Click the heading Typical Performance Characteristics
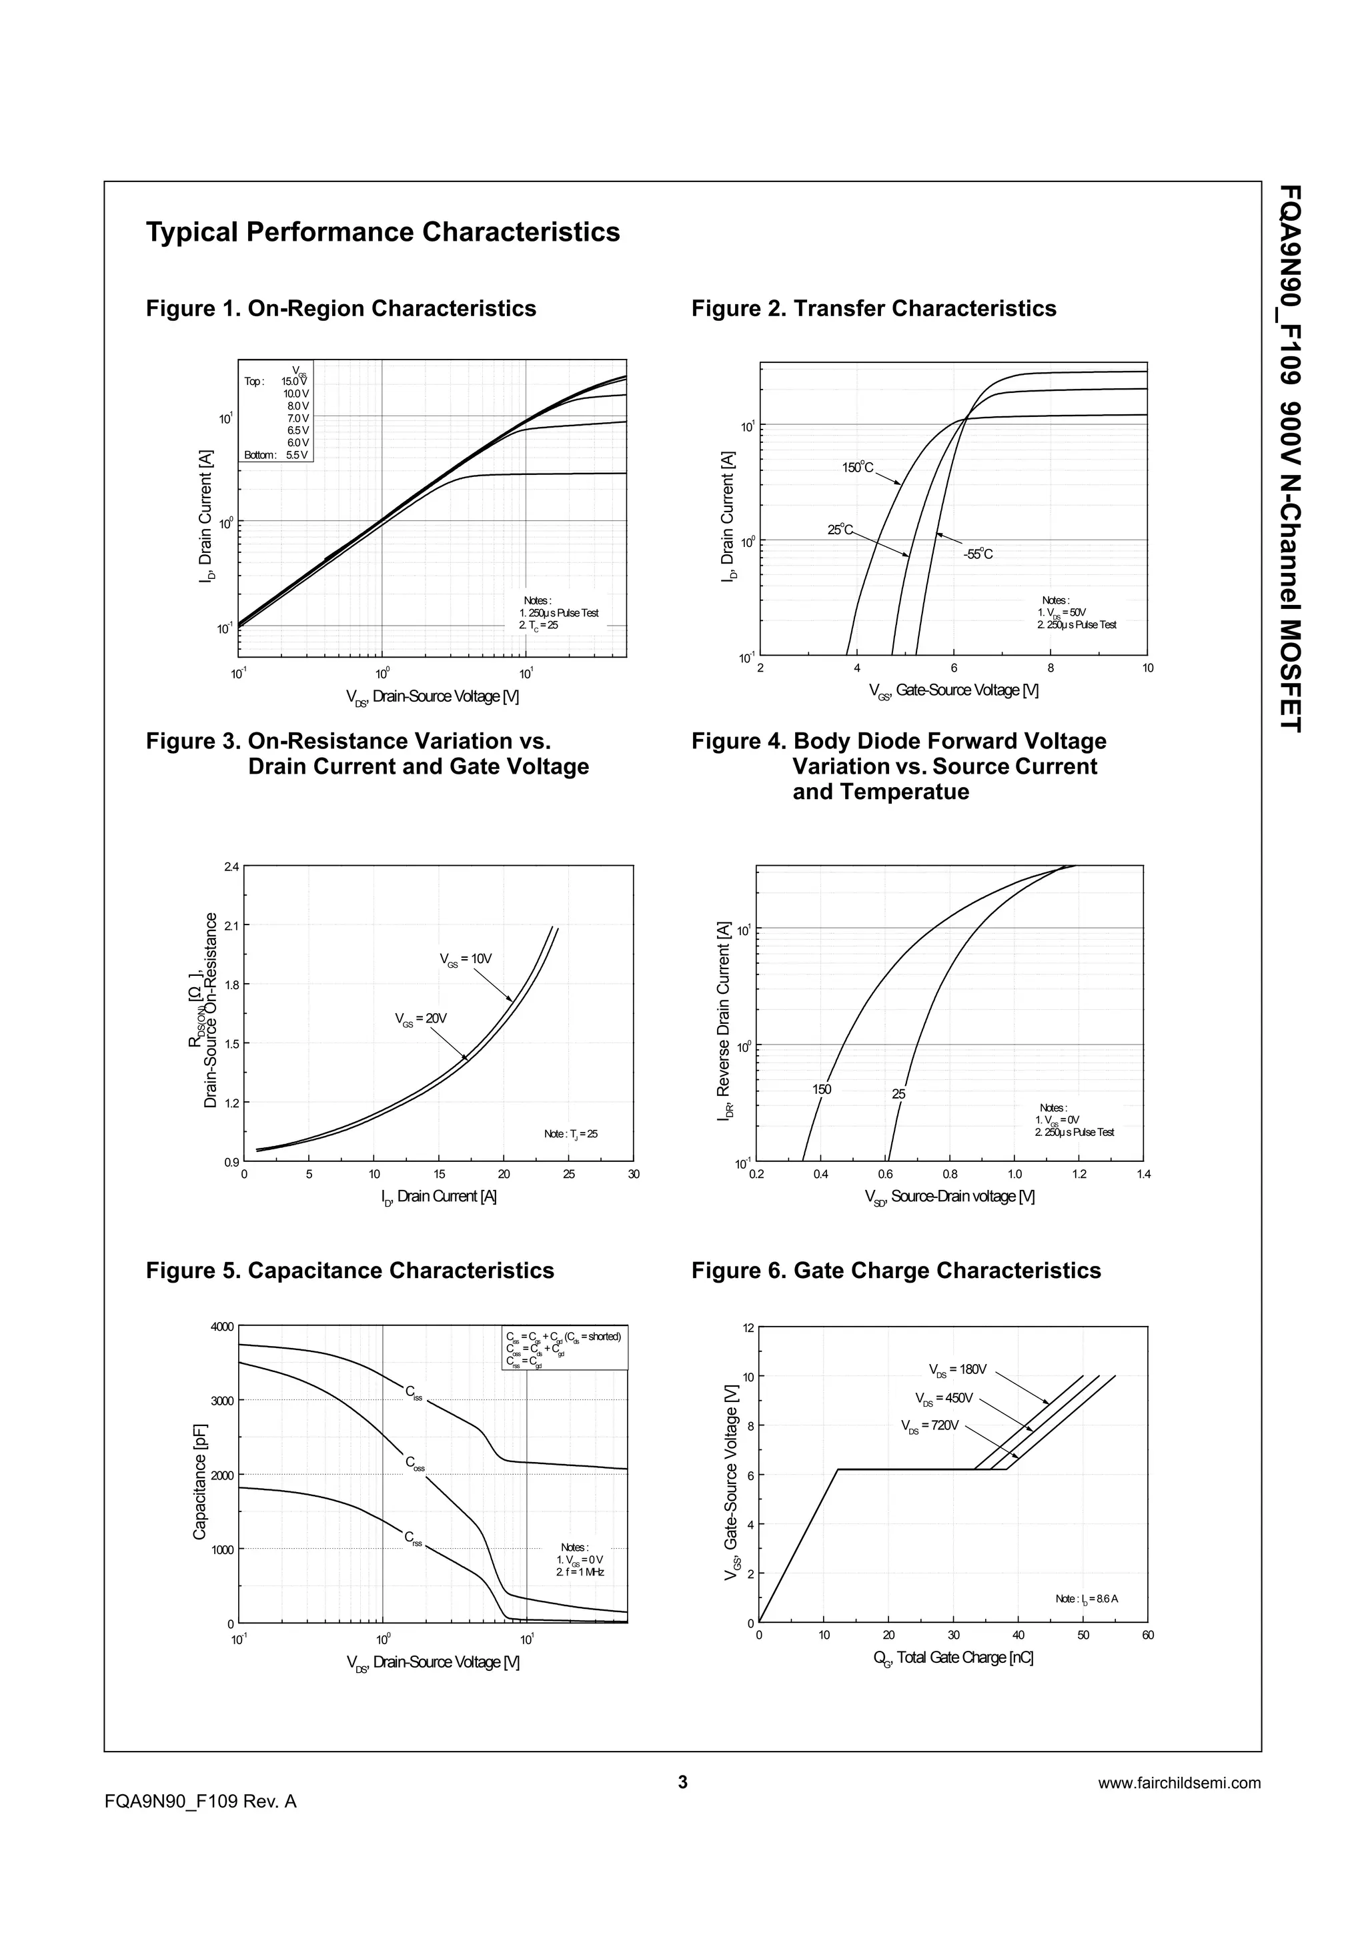pyautogui.click(x=383, y=232)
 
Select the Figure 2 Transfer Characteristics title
pyautogui.click(x=874, y=309)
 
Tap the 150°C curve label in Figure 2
pyautogui.click(x=858, y=468)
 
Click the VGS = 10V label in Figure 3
pyautogui.click(x=466, y=959)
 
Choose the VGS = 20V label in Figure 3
pyautogui.click(x=421, y=1019)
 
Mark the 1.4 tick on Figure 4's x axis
pyautogui.click(x=1144, y=1175)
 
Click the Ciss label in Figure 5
pyautogui.click(x=414, y=1393)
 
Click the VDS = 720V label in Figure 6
pyautogui.click(x=929, y=1426)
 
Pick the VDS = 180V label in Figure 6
pyautogui.click(x=957, y=1369)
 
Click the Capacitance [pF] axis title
pyautogui.click(x=199, y=1479)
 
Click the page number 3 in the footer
pyautogui.click(x=682, y=1782)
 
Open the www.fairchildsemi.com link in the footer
pyautogui.click(x=1179, y=1782)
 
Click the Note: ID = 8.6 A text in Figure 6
pyautogui.click(x=1087, y=1599)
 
